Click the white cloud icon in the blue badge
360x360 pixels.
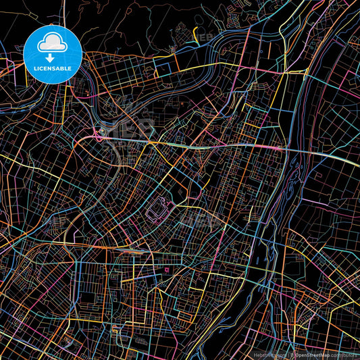53,42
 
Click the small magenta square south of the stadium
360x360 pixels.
166,270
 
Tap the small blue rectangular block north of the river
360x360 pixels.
163,68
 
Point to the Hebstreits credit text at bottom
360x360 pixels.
269,354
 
